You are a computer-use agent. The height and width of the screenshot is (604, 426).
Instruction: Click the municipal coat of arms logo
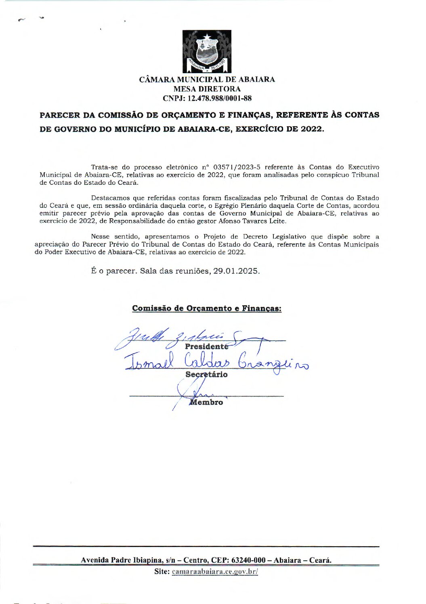(x=207, y=51)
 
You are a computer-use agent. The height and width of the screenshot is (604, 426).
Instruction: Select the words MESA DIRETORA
(x=207, y=89)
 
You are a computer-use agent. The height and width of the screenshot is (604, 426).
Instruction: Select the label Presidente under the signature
(x=206, y=346)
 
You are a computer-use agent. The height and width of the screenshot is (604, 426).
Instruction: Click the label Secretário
(x=206, y=374)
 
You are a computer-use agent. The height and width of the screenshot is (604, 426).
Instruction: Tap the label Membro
(x=206, y=402)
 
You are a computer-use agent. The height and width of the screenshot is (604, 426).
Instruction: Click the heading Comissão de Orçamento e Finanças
(x=206, y=308)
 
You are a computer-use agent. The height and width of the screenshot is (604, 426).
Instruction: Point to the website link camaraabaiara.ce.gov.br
(x=215, y=572)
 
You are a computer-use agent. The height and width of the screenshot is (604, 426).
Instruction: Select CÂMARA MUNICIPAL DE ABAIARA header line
(x=207, y=80)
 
